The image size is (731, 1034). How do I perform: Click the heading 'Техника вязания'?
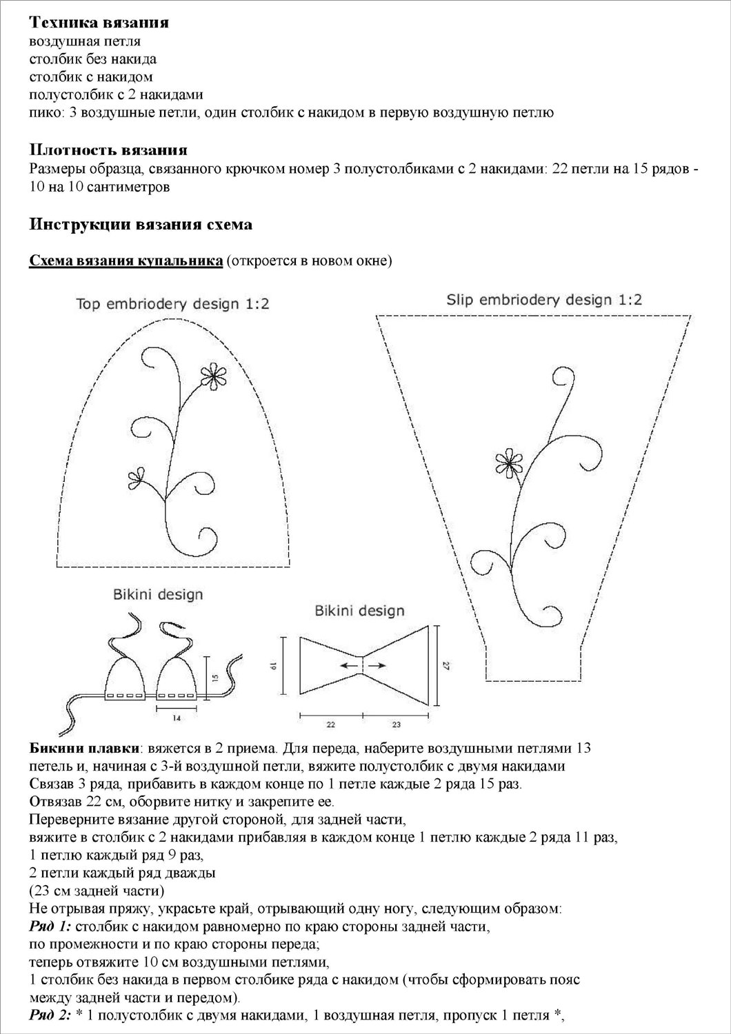point(99,23)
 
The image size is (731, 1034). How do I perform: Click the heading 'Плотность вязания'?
point(108,150)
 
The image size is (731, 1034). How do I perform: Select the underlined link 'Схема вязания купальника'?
point(126,261)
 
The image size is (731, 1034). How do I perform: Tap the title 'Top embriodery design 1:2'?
point(172,304)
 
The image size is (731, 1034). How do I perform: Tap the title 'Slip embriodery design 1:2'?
point(544,300)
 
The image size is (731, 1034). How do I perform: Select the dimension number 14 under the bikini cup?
point(177,718)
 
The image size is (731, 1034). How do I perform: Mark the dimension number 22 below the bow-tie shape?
point(330,724)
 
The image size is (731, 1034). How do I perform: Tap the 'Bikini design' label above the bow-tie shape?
point(359,611)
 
